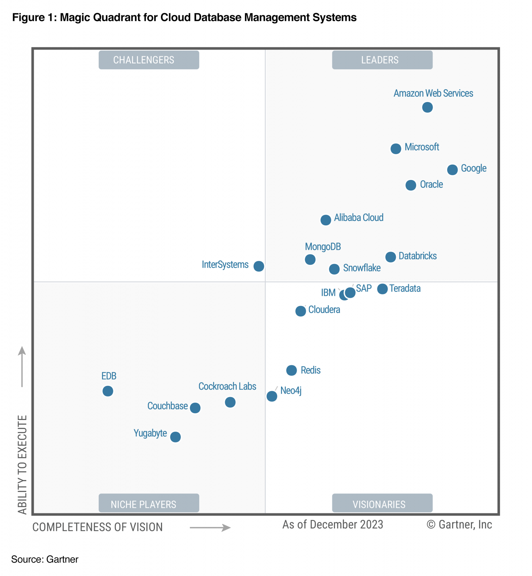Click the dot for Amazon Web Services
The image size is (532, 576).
pos(427,107)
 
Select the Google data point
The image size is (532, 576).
pos(452,169)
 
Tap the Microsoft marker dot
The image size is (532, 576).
pos(396,148)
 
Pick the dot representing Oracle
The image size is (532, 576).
pos(411,185)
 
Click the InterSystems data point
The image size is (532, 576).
pos(259,266)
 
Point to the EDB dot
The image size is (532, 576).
pos(108,391)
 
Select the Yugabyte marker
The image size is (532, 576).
pos(175,437)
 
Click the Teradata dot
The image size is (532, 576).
pos(382,289)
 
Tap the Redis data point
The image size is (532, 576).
pos(292,370)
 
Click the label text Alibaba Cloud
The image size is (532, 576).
pos(359,217)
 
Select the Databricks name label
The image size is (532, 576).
pos(418,256)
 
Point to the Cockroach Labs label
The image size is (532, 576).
pos(227,386)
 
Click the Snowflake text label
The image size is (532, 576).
pos(362,268)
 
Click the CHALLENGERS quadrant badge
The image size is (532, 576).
pos(149,60)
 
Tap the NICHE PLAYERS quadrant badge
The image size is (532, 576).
pos(149,504)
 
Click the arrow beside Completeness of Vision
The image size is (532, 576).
pos(210,528)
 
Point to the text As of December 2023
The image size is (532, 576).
pos(333,524)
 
